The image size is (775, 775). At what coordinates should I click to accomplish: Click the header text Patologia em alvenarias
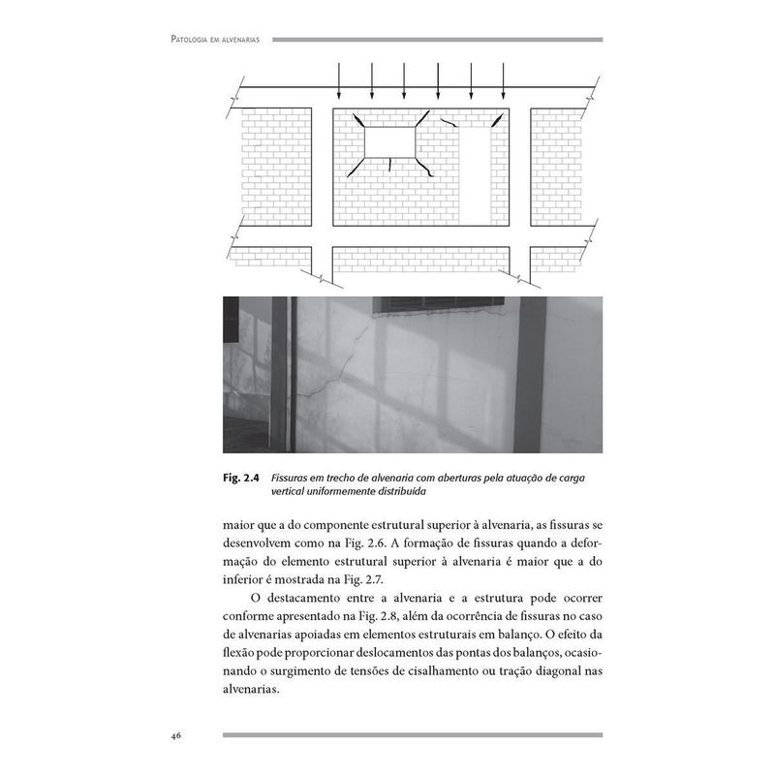tap(219, 40)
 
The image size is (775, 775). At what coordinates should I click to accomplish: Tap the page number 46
tap(177, 735)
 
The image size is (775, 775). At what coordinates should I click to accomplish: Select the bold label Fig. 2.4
tap(242, 478)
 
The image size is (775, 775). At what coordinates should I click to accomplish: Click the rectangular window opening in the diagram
tap(389, 142)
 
